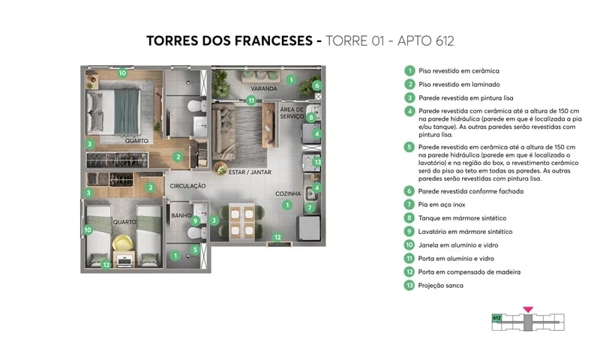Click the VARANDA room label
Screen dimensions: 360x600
264,88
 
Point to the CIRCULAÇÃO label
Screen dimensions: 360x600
187,185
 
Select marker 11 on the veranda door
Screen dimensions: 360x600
251,100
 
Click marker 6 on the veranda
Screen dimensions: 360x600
317,85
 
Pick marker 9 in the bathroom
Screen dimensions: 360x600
195,220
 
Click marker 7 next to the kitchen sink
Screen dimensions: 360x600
310,206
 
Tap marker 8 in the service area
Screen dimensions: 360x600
310,117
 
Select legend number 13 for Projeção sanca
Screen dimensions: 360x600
409,285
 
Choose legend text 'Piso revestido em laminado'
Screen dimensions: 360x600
458,84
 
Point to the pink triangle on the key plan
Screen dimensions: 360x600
528,309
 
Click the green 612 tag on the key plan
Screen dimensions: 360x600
496,317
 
